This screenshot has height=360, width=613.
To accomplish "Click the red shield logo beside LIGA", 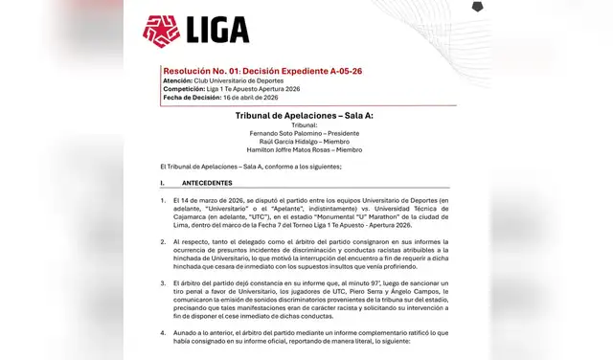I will [x=161, y=32].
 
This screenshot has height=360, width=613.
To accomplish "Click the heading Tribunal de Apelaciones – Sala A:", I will [x=304, y=115].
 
